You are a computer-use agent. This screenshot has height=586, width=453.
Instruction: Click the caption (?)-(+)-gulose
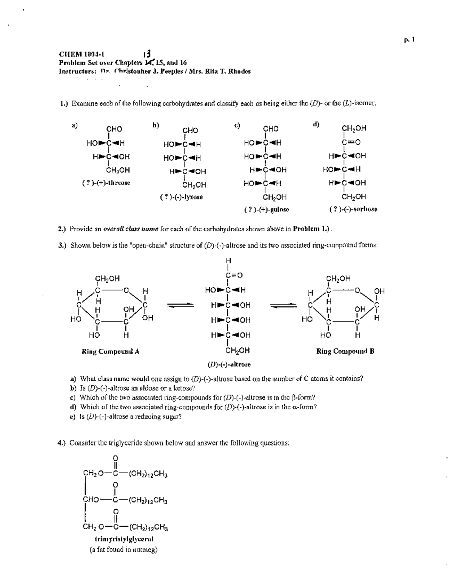[x=267, y=209]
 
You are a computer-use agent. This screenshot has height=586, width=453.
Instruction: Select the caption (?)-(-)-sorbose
[x=354, y=209]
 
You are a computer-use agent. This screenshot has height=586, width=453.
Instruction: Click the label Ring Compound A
[x=111, y=352]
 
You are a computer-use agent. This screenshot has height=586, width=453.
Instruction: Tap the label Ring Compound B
[x=345, y=352]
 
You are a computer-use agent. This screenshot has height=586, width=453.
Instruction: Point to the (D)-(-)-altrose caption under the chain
[x=229, y=365]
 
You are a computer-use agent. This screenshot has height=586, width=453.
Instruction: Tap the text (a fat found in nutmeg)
[x=123, y=549]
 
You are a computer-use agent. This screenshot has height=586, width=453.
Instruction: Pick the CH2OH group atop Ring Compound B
[x=339, y=279]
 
